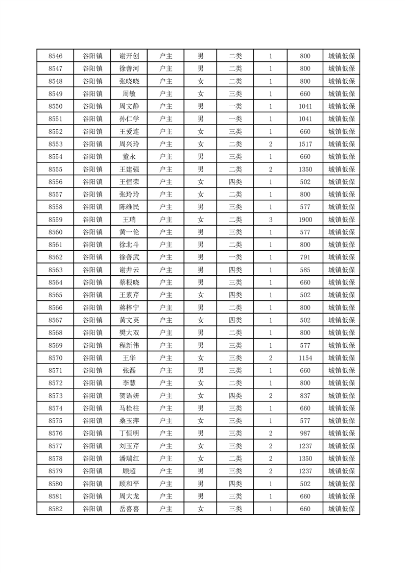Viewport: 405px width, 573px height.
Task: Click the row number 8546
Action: pyautogui.click(x=55, y=56)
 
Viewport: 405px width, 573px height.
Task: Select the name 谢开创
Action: pyautogui.click(x=129, y=56)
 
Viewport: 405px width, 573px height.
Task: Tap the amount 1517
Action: pyautogui.click(x=305, y=144)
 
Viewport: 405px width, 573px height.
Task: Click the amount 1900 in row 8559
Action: pyautogui.click(x=305, y=220)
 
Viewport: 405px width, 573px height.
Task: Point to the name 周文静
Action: pyautogui.click(x=129, y=106)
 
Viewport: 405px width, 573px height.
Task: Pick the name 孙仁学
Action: pyautogui.click(x=129, y=119)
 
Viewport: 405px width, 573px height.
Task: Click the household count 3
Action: pyautogui.click(x=270, y=220)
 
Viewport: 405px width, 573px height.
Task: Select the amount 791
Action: pyautogui.click(x=305, y=257)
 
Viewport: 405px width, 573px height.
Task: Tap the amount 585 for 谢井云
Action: pyautogui.click(x=305, y=270)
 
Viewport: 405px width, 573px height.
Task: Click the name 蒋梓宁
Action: pyautogui.click(x=129, y=307)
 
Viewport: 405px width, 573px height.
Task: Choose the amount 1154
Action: pyautogui.click(x=305, y=358)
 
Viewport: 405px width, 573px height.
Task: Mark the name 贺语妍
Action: pyautogui.click(x=129, y=396)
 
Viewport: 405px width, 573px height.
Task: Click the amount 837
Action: pyautogui.click(x=305, y=396)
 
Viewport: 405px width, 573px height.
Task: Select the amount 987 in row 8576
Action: pyautogui.click(x=305, y=434)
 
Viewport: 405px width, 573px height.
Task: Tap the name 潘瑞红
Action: pyautogui.click(x=129, y=459)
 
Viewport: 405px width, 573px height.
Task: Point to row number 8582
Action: pyautogui.click(x=55, y=509)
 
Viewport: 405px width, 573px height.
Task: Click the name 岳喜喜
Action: pyautogui.click(x=129, y=509)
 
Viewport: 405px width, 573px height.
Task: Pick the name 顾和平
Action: pyautogui.click(x=129, y=484)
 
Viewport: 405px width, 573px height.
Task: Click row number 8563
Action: pyautogui.click(x=55, y=270)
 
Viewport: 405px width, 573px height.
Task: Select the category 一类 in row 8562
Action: pyautogui.click(x=235, y=257)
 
